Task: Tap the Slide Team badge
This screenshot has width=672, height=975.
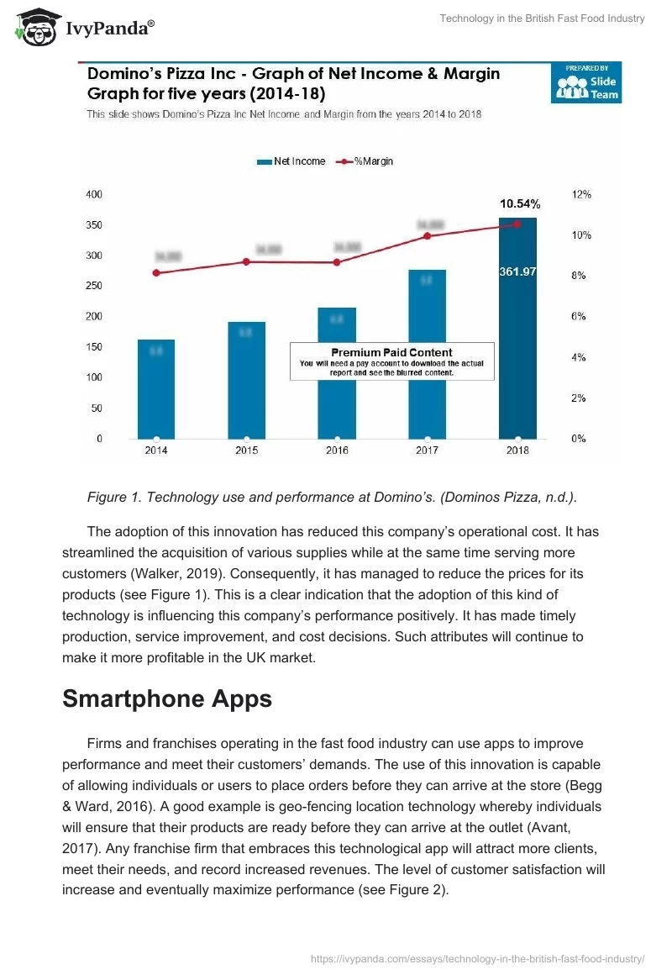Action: (585, 82)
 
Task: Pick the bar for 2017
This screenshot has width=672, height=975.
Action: (427, 354)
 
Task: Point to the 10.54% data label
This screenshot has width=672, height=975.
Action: (520, 203)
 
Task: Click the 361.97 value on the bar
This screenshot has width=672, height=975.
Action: (517, 271)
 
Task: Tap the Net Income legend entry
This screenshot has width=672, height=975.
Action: (291, 161)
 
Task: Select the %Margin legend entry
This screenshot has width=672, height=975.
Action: (365, 161)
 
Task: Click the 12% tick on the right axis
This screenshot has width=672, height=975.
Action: (581, 194)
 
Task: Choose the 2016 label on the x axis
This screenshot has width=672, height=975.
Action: (337, 451)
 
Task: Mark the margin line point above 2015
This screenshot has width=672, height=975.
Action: (246, 261)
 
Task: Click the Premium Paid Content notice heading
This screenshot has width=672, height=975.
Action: (391, 352)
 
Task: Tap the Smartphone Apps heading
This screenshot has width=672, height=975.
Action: (167, 698)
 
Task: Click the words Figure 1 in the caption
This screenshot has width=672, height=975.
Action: (113, 498)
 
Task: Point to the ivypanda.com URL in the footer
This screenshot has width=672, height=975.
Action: (477, 958)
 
